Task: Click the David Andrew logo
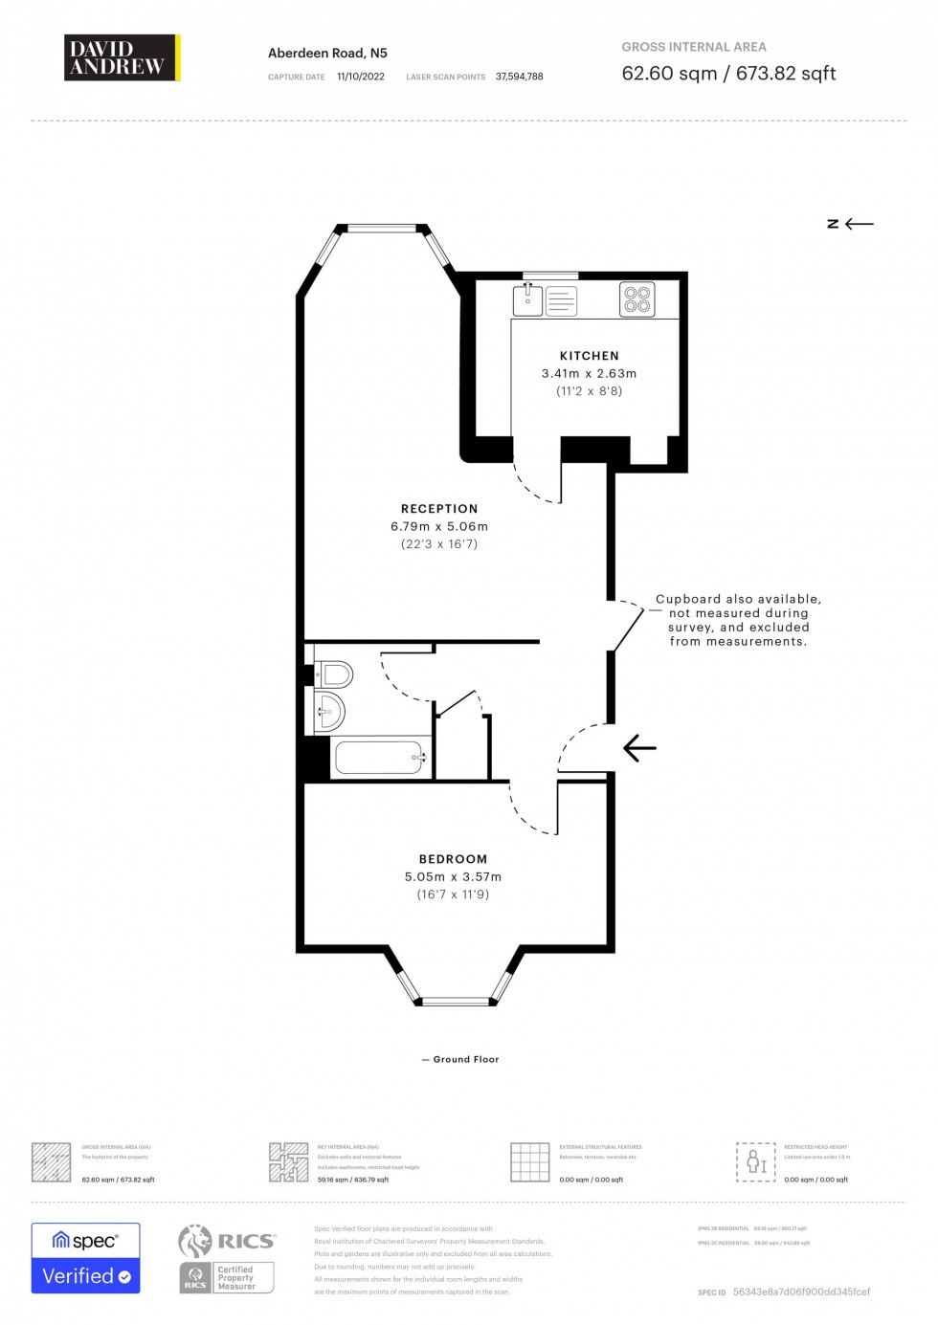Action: [122, 57]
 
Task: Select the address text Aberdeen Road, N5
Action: [327, 54]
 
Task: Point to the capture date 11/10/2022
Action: [361, 77]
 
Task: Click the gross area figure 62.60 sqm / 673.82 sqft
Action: [728, 74]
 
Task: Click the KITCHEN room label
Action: [589, 356]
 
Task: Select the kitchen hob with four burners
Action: [637, 299]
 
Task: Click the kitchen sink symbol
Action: [527, 299]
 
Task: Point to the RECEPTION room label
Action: [439, 509]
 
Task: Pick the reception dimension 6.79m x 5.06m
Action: [439, 526]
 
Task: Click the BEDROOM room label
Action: [453, 859]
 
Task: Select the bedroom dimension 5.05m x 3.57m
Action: [453, 876]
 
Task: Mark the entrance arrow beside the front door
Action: [639, 747]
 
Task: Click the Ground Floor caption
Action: [465, 1059]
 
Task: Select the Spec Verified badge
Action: [85, 1258]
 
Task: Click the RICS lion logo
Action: [196, 1241]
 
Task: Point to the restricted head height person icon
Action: [755, 1162]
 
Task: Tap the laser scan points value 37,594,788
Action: [519, 77]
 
